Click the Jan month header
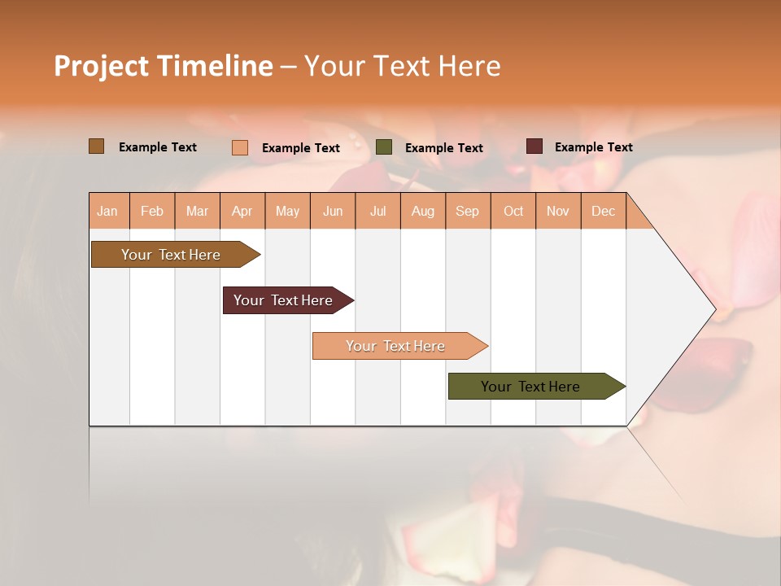tap(108, 211)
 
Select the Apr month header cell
tap(242, 211)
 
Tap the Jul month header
tap(377, 211)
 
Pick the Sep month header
tap(468, 211)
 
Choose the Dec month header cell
tap(603, 211)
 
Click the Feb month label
tap(152, 211)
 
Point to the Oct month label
tap(513, 211)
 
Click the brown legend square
tap(96, 146)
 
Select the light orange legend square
tap(239, 147)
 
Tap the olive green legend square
tap(384, 147)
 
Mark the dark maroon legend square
tap(534, 146)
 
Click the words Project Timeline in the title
tap(163, 66)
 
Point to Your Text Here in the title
tap(402, 66)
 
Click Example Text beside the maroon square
tap(593, 147)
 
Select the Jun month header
tap(333, 211)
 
